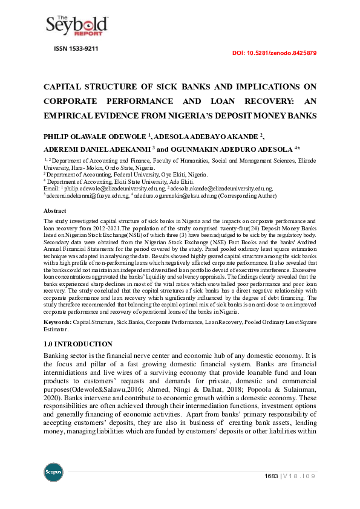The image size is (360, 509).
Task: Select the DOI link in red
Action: pyautogui.click(x=274, y=53)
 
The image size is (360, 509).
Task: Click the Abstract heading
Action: pyautogui.click(x=54, y=210)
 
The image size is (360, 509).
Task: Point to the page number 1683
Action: pyautogui.click(x=271, y=476)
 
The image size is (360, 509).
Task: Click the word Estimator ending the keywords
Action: pyautogui.click(x=56, y=331)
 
